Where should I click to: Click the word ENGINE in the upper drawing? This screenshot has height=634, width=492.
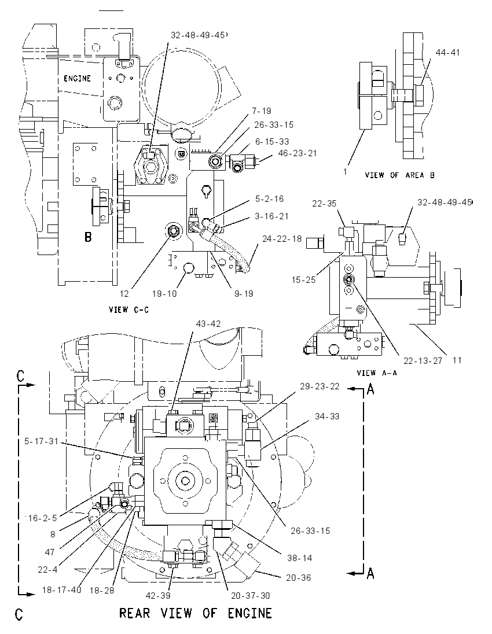pos(78,79)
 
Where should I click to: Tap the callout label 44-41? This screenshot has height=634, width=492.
pos(447,53)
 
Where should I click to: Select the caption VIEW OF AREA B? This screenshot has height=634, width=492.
pos(400,175)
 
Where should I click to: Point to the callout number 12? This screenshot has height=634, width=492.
pos(124,293)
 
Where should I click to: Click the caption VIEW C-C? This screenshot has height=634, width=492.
pos(128,309)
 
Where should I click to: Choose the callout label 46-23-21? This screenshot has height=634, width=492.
pos(298,153)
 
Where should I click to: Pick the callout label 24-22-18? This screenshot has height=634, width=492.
pos(282,239)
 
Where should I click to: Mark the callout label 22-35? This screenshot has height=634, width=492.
pos(324,204)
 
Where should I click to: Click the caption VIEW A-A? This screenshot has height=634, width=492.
pos(377,373)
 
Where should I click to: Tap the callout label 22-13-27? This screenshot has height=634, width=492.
pos(423,360)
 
